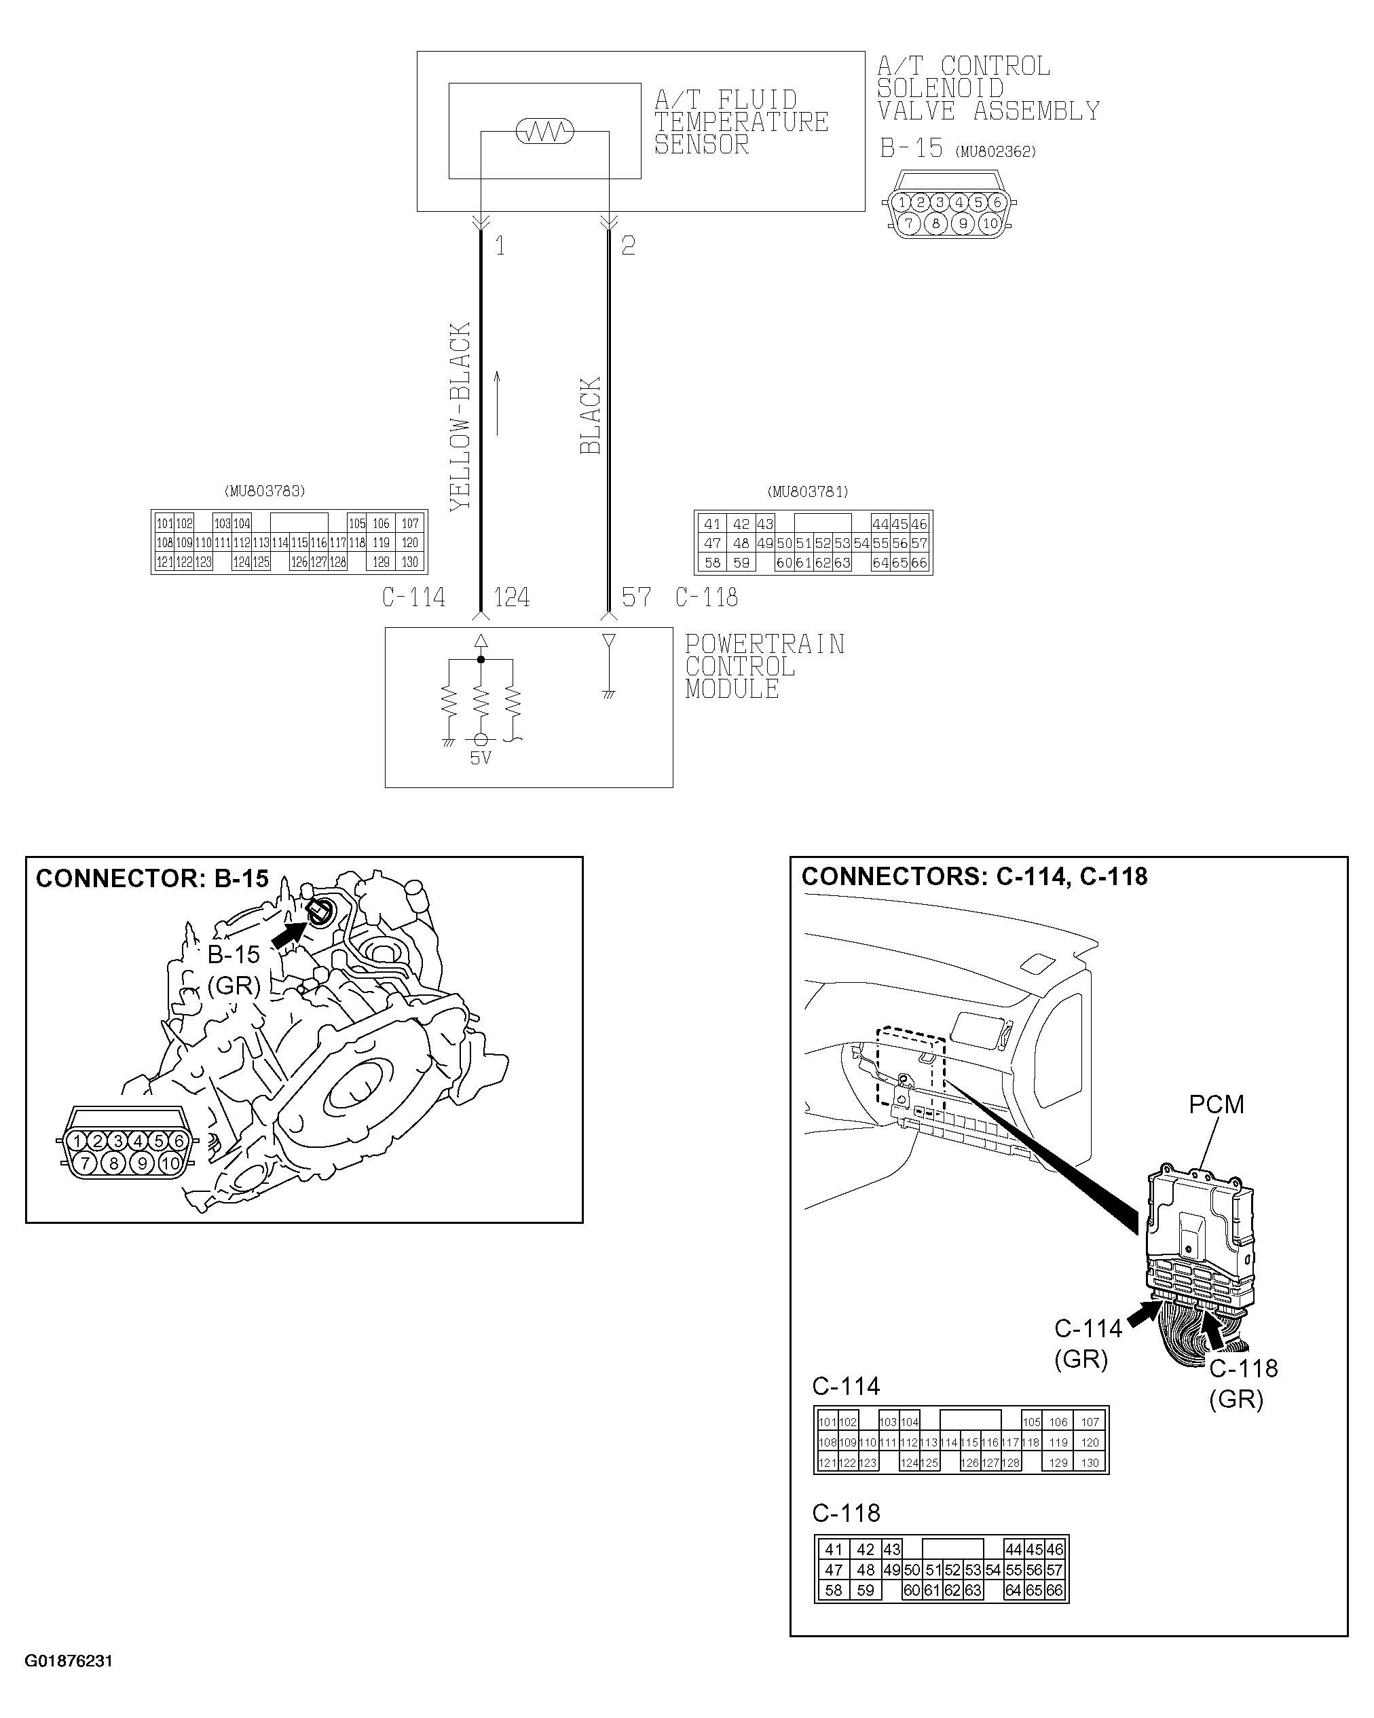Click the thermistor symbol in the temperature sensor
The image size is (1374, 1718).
click(x=544, y=132)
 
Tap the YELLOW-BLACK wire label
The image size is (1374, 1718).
click(x=461, y=416)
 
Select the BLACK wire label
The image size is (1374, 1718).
click(x=590, y=416)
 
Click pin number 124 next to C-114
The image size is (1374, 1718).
click(x=512, y=597)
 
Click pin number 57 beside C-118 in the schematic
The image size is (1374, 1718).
click(x=636, y=597)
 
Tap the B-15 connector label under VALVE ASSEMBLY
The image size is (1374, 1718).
click(x=911, y=149)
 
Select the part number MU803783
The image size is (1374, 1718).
click(x=265, y=491)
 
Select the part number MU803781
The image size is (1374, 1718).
click(x=807, y=491)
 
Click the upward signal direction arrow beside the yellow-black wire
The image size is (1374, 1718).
click(x=498, y=403)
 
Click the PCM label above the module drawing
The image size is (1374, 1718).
click(x=1215, y=1104)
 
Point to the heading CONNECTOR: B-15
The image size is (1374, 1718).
click(x=152, y=879)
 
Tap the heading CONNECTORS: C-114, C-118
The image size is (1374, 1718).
click(x=974, y=876)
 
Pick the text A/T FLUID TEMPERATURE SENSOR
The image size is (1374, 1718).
click(x=741, y=123)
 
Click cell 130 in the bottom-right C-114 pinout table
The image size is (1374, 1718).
click(x=1090, y=1463)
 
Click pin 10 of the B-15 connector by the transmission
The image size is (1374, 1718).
click(x=170, y=1164)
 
